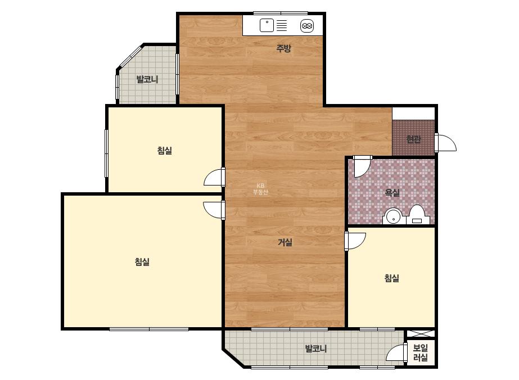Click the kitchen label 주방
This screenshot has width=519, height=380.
283,49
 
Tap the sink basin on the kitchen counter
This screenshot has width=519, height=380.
267,25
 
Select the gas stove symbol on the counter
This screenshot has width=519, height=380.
307,26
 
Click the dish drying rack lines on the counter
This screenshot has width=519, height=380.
282,25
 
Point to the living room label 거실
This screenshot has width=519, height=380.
285,242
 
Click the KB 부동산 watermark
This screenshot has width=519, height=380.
260,189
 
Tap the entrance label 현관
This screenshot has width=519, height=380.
413,139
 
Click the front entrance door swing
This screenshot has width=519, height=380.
445,143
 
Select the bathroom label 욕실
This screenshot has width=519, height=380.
392,192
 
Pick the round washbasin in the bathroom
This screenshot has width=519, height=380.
393,217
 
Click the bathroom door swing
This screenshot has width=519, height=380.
362,166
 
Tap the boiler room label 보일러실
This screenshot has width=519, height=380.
421,352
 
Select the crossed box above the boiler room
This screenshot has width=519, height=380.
421,334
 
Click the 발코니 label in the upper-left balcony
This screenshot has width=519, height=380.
147,79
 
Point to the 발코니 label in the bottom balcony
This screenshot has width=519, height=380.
315,348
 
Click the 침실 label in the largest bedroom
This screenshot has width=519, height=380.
142,262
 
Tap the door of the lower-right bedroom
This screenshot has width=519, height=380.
354,241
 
